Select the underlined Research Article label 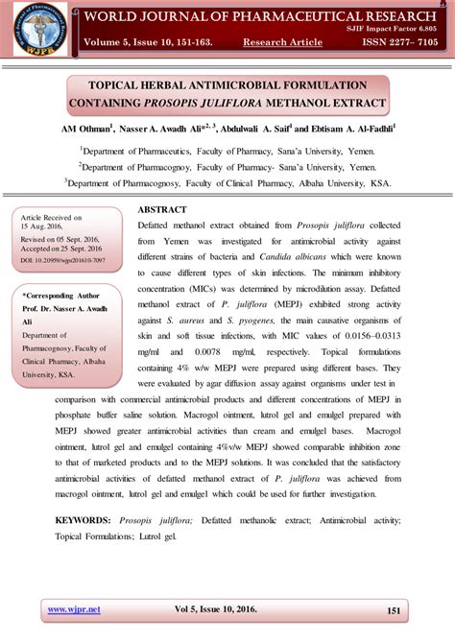[x=282, y=42]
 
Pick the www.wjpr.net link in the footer [x=71, y=608]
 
